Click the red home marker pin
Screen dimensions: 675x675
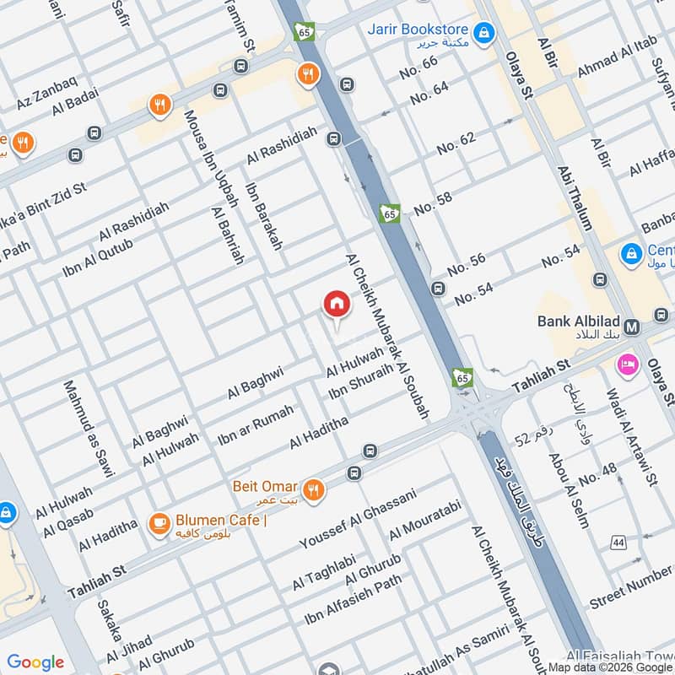click(x=336, y=305)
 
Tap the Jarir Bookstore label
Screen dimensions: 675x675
click(x=417, y=30)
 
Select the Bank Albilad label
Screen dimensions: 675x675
click(x=579, y=321)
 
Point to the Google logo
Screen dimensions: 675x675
click(x=35, y=662)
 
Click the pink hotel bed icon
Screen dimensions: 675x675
click(x=628, y=364)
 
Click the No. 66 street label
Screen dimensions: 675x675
click(x=419, y=67)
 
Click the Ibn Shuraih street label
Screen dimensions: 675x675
click(x=361, y=381)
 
